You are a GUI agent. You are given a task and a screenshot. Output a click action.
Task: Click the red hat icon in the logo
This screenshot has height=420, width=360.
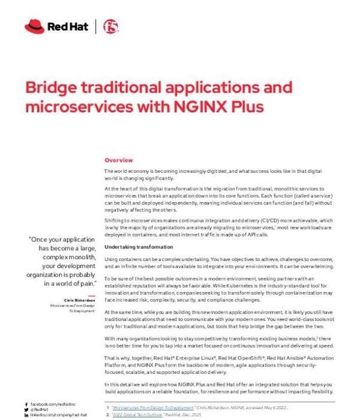pyautogui.click(x=33, y=26)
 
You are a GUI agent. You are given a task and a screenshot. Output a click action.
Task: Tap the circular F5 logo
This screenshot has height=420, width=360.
pyautogui.click(x=110, y=26)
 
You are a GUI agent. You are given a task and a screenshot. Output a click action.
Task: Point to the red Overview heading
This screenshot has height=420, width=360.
pyautogui.click(x=119, y=161)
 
